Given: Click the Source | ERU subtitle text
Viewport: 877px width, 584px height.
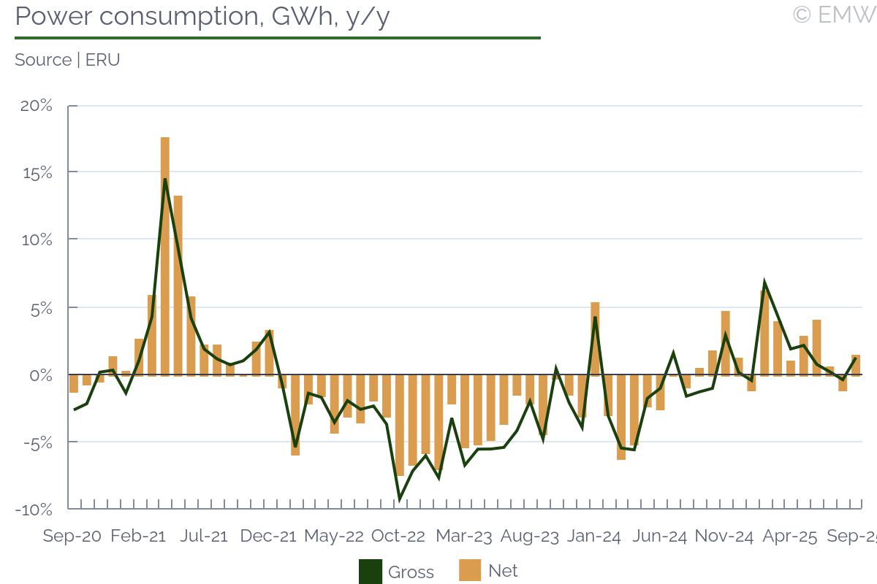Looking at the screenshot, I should click(x=67, y=60).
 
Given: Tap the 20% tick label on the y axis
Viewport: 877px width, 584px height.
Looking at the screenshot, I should click(x=36, y=106).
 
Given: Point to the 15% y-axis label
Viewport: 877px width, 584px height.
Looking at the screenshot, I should click(x=36, y=173).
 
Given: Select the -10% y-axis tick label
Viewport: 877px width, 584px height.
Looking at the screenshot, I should click(x=34, y=510).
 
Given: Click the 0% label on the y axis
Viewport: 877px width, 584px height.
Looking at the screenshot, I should click(x=41, y=375).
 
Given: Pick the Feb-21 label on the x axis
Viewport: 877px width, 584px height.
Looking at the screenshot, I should click(x=138, y=536).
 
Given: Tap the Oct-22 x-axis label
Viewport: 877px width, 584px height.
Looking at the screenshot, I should click(x=398, y=536).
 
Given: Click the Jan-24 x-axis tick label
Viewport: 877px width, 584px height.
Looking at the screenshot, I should click(x=594, y=536).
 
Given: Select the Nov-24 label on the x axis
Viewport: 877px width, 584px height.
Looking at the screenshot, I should click(x=724, y=536).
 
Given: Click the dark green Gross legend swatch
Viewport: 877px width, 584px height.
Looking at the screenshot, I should click(x=370, y=572).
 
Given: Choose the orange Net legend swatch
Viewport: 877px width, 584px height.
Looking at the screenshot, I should click(x=470, y=571).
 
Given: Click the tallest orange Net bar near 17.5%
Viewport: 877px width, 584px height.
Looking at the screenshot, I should click(x=165, y=255).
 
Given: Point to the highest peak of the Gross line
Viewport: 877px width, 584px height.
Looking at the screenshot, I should click(x=165, y=179).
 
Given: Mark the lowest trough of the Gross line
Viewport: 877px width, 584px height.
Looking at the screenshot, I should click(x=400, y=499).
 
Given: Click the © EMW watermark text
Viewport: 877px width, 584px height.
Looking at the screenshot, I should click(x=834, y=15).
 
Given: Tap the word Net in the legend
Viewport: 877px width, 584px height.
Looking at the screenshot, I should click(x=503, y=571).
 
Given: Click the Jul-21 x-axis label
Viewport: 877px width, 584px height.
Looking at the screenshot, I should click(x=204, y=536).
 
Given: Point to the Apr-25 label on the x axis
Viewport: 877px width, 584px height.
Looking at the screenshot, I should click(x=789, y=536).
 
